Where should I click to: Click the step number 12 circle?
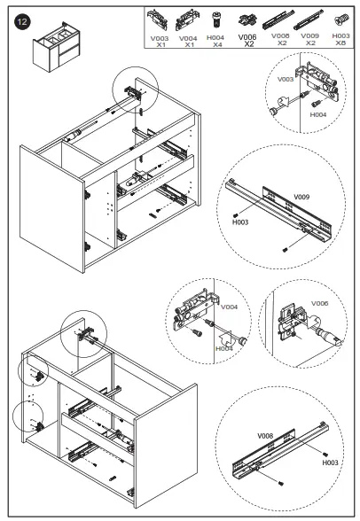click(x=22, y=22)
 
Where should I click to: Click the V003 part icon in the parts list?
click(x=158, y=19)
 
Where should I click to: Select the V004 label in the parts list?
click(x=188, y=39)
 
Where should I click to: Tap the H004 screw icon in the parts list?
click(x=216, y=19)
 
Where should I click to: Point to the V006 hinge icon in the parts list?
click(x=247, y=20)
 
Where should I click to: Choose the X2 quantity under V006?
click(x=249, y=44)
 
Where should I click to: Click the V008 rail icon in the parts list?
click(x=278, y=19)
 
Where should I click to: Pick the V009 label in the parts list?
click(x=309, y=35)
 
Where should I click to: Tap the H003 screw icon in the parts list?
click(x=341, y=19)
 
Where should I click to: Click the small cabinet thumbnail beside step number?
click(x=57, y=47)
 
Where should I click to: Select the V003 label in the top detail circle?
click(x=286, y=79)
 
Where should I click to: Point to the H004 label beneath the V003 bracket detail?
click(x=318, y=114)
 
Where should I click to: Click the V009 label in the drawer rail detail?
click(x=301, y=197)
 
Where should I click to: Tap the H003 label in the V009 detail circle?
click(x=240, y=222)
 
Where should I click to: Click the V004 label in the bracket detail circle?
click(x=229, y=307)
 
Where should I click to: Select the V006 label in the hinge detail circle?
click(x=319, y=303)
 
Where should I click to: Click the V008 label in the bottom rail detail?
click(x=265, y=436)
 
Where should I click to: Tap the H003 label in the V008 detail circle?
click(x=330, y=463)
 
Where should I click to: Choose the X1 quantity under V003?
click(x=160, y=45)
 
